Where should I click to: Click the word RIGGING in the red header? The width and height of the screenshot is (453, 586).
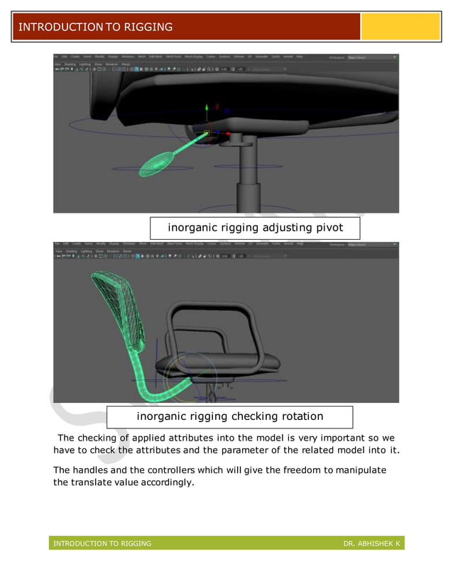pyautogui.click(x=144, y=28)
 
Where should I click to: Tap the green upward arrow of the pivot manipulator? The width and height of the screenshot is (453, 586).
pyautogui.click(x=207, y=109)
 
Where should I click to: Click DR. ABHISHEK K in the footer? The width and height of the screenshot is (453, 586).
pyautogui.click(x=371, y=543)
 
